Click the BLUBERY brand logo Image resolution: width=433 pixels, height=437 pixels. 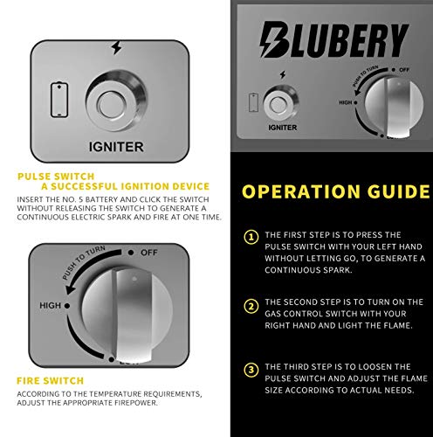pos(334,39)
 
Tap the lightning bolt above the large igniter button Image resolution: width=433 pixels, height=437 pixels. pos(117,47)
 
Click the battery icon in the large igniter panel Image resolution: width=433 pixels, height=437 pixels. pos(59,100)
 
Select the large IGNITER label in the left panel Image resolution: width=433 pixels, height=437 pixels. pos(116,147)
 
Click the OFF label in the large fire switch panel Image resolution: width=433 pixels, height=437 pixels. pos(149,253)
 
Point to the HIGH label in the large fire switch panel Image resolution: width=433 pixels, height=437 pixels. pos(50,305)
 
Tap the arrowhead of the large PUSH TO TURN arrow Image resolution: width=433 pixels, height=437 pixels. pos(71,289)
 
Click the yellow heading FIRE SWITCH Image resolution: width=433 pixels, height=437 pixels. pos(50,381)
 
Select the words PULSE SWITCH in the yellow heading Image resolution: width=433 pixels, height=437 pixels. pos(56,177)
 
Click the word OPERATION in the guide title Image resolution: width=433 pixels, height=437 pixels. pos(301,191)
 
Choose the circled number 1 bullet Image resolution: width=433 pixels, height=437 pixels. pos(251,237)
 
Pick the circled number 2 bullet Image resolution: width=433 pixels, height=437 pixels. pos(251,306)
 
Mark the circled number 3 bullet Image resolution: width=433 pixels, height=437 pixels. pos(251,370)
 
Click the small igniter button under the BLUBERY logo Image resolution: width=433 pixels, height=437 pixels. pos(280,104)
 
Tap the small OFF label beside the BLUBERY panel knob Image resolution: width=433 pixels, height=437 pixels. pos(404,70)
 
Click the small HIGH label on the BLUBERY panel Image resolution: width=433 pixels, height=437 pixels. pos(346,102)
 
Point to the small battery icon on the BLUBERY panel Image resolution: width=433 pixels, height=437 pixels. pos(254,102)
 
